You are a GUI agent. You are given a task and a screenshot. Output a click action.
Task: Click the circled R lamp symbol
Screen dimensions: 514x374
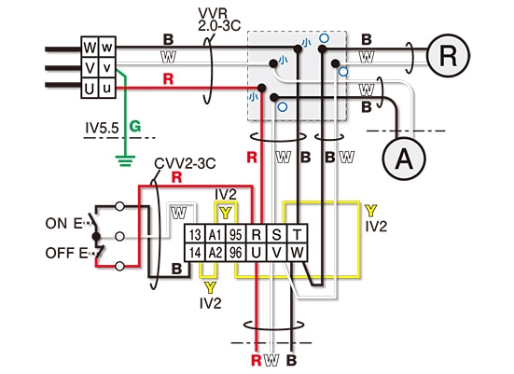coord(448,56)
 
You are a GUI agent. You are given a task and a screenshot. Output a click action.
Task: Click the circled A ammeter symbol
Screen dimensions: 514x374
coord(404,159)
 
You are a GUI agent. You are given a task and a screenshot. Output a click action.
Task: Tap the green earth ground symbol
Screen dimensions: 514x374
coord(125,160)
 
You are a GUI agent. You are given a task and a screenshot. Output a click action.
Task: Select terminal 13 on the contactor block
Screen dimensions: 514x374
coord(195,234)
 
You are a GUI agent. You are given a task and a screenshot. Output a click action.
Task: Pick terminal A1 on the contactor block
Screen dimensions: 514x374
coord(215,234)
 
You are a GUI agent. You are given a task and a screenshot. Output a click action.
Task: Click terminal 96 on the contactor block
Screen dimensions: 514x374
coord(236,253)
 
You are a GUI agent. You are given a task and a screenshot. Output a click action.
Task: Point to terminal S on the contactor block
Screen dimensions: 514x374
coord(277,234)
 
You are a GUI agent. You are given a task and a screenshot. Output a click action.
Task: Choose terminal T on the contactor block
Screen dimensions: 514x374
coord(298,234)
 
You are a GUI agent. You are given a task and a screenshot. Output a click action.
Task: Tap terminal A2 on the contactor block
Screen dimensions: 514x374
coord(215,253)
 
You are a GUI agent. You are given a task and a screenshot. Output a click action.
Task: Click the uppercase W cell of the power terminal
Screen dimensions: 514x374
coord(90,48)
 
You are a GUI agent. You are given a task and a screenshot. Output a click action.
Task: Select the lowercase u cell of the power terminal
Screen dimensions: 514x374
coord(107,88)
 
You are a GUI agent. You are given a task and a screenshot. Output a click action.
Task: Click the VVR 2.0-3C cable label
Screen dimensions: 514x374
coord(219,20)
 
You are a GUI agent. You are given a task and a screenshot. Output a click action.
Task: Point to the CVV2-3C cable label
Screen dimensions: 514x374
coord(185,163)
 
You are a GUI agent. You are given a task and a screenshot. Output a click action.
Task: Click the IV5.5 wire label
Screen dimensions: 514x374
coord(102,128)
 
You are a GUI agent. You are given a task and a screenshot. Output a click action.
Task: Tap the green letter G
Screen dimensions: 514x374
coord(135,126)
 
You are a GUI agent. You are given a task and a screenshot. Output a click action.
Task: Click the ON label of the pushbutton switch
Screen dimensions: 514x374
coord(56,224)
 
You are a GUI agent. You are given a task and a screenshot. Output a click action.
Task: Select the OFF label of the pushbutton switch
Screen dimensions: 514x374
coord(60,253)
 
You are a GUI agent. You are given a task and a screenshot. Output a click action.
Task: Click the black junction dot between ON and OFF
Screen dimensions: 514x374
coord(96,236)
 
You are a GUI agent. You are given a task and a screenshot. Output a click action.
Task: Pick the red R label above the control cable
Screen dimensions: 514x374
coord(176,177)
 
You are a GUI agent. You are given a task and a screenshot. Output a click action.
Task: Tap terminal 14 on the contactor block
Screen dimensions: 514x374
coord(195,253)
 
